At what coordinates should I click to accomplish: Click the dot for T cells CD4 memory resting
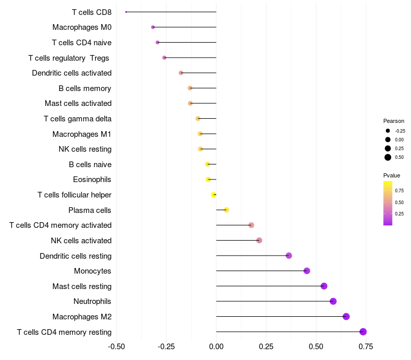[x=363, y=332]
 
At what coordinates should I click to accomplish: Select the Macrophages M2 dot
[x=346, y=316]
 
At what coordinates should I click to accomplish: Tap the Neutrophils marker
[x=333, y=301]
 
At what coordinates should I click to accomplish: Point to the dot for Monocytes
[x=307, y=271]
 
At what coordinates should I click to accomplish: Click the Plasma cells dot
[x=226, y=210]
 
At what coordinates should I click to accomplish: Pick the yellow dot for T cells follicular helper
[x=214, y=194]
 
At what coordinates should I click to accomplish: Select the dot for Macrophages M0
[x=153, y=27]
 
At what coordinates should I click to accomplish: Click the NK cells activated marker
[x=259, y=240]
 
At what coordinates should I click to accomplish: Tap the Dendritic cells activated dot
[x=181, y=73]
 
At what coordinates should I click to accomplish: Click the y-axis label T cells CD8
[x=91, y=12]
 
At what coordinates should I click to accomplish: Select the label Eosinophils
[x=92, y=179]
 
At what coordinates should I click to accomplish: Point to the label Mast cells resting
[x=82, y=286]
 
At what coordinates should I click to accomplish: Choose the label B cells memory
[x=85, y=88]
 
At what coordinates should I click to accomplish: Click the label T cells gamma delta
[x=78, y=119]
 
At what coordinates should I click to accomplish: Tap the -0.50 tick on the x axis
[x=117, y=347]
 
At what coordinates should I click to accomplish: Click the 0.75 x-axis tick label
[x=366, y=347]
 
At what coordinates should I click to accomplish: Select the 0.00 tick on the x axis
[x=216, y=347]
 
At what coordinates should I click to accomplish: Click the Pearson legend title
[x=394, y=121]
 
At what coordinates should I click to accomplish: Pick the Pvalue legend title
[x=392, y=175]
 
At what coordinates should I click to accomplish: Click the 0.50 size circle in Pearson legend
[x=388, y=157]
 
